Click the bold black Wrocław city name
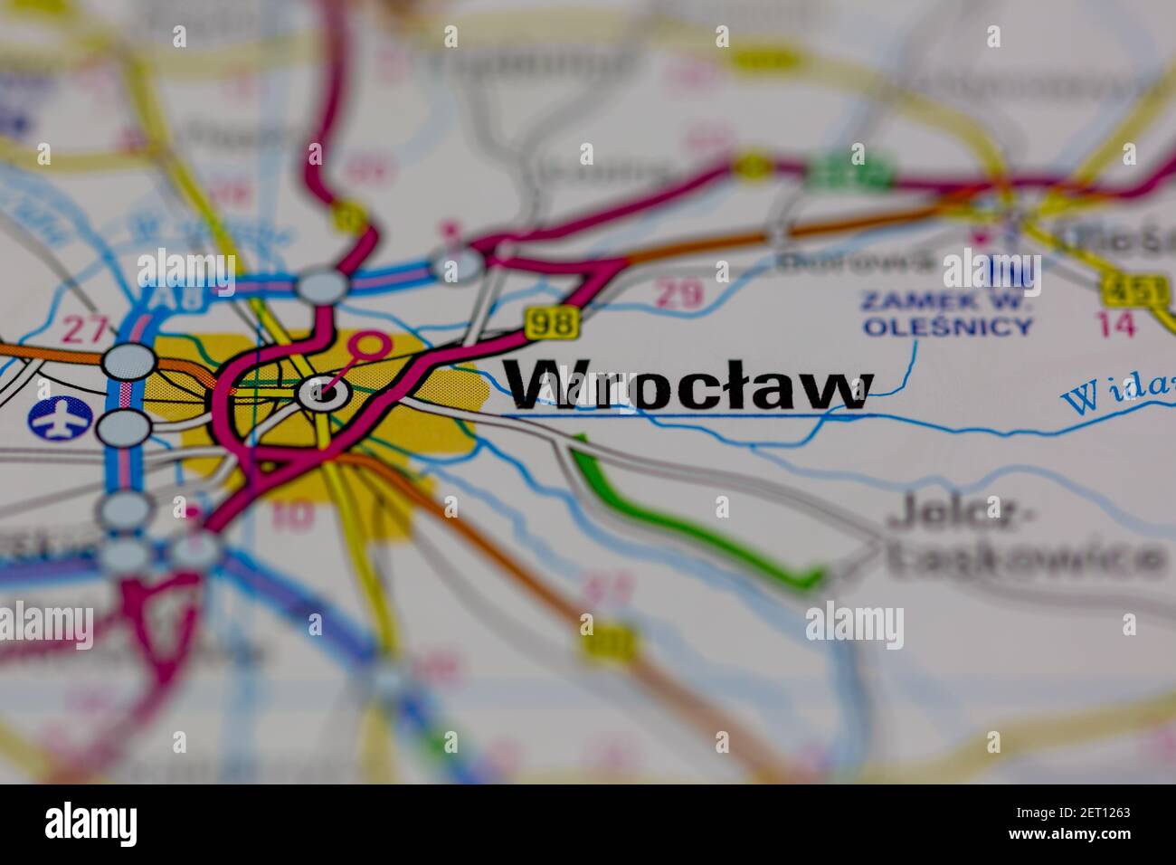[x=688, y=387]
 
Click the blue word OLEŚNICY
[x=947, y=327]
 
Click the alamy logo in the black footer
[x=90, y=824]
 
